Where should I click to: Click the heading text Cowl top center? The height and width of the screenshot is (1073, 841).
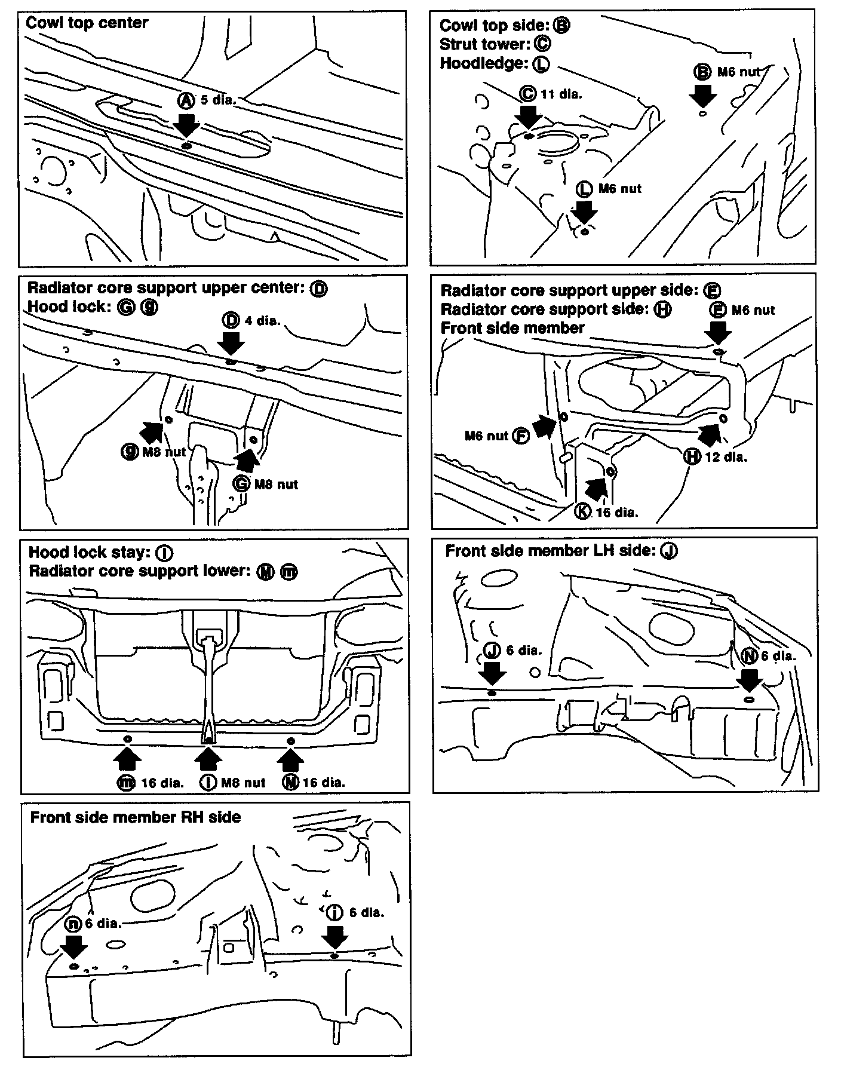click(x=87, y=23)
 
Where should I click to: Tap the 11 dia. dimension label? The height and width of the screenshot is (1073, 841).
click(x=561, y=93)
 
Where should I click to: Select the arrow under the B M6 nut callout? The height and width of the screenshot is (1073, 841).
click(x=702, y=94)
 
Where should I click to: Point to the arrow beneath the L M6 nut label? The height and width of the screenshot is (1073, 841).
click(x=584, y=211)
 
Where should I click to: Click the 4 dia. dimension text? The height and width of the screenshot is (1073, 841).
click(x=262, y=320)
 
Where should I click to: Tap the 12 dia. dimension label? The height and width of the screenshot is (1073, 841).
click(x=726, y=457)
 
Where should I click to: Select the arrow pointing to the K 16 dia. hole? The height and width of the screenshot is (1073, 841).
click(x=597, y=489)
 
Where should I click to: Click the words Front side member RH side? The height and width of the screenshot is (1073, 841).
click(x=136, y=817)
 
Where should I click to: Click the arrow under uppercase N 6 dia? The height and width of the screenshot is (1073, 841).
click(x=748, y=679)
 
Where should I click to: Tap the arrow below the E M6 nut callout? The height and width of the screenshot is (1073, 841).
click(x=717, y=332)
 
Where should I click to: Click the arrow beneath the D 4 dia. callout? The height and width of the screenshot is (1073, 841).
click(x=231, y=343)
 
